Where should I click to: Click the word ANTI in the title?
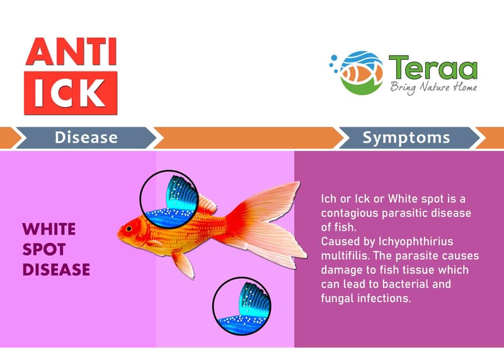click(x=71, y=52)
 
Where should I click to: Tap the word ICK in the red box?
click(x=70, y=93)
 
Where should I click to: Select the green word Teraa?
click(x=433, y=67)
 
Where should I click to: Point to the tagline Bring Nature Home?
click(x=433, y=88)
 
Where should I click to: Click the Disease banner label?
click(x=86, y=137)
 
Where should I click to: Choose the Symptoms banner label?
click(x=406, y=137)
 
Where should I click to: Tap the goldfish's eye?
click(x=129, y=229)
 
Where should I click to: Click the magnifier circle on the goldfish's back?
click(x=169, y=199)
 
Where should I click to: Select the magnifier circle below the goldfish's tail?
click(x=242, y=306)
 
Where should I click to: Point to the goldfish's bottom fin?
click(x=183, y=264)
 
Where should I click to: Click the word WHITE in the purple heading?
click(x=49, y=229)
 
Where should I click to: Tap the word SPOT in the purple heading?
click(x=44, y=249)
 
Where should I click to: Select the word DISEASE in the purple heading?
click(x=56, y=270)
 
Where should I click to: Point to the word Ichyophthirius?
click(x=416, y=241)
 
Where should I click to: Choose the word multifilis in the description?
click(x=344, y=256)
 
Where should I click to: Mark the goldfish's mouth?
click(x=118, y=234)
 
